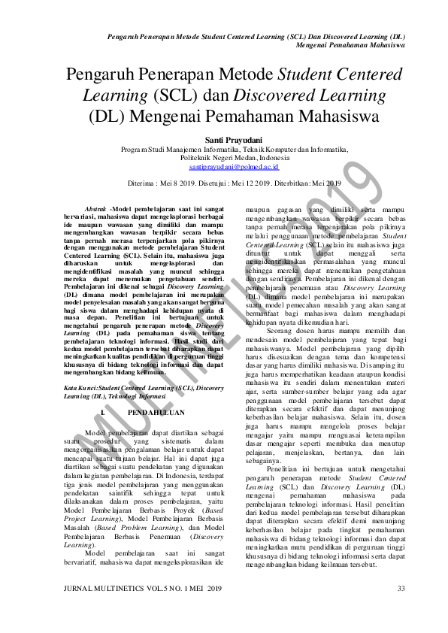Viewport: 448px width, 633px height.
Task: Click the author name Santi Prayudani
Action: pyautogui.click(x=224, y=140)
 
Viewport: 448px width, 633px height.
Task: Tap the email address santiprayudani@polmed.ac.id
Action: pyautogui.click(x=224, y=168)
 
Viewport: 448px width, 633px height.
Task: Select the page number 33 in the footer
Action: pyautogui.click(x=401, y=587)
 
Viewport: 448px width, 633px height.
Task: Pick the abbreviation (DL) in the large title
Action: pyautogui.click(x=107, y=117)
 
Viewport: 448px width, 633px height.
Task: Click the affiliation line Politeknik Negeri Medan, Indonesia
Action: pyautogui.click(x=224, y=159)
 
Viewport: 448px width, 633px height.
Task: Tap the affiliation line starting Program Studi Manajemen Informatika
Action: pyautogui.click(x=224, y=150)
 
